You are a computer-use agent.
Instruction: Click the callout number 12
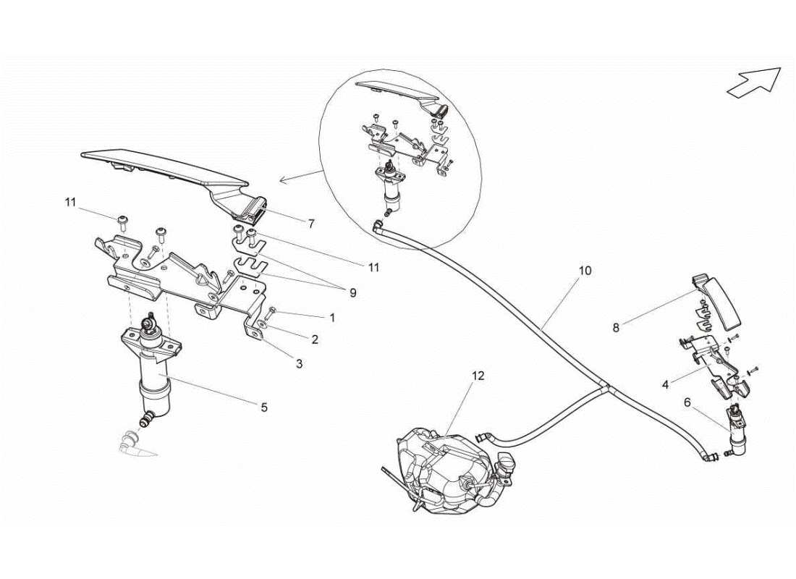click(478, 376)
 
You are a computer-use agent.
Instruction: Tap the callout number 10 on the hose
click(585, 271)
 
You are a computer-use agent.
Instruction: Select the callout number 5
click(264, 407)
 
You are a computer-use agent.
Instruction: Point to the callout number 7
click(311, 224)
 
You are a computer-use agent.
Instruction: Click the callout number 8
click(616, 327)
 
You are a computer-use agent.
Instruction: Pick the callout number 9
click(352, 293)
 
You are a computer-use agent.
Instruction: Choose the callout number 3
click(298, 363)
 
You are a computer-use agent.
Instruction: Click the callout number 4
click(664, 385)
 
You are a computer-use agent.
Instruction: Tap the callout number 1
click(332, 317)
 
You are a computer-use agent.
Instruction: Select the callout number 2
click(315, 339)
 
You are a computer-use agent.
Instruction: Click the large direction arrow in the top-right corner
click(753, 82)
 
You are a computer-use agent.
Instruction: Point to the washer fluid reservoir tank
click(441, 470)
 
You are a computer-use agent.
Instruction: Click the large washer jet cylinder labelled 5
click(153, 384)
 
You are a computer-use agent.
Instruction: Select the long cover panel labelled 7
click(166, 170)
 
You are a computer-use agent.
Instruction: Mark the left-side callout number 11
click(69, 203)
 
